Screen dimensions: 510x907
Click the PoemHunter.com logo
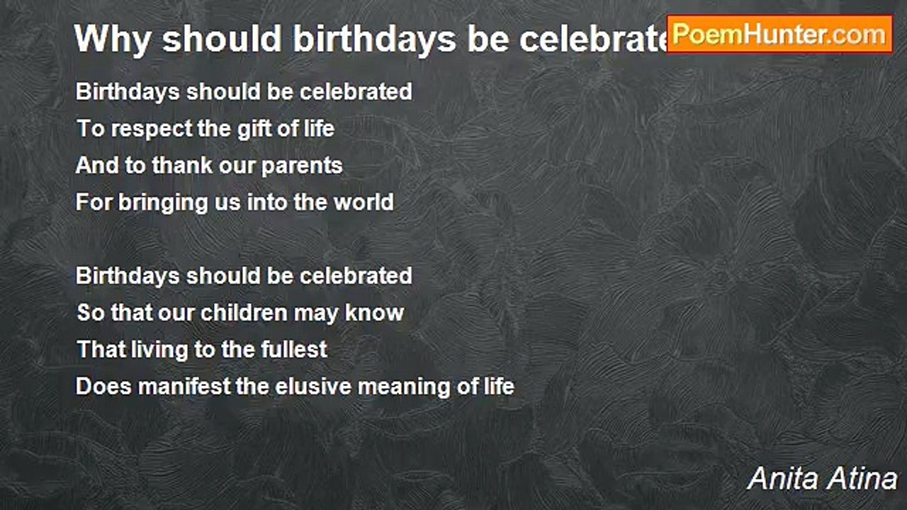[x=779, y=34]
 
